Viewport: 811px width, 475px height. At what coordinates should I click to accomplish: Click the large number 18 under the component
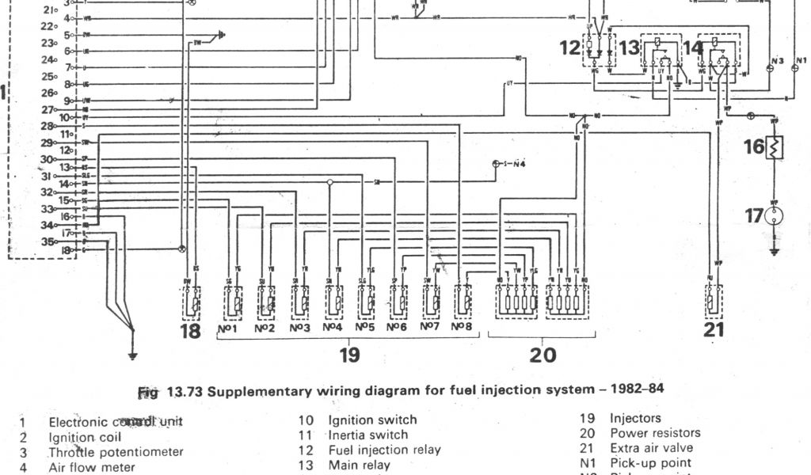pyautogui.click(x=190, y=331)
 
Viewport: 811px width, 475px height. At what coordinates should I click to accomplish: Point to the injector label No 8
pyautogui.click(x=463, y=327)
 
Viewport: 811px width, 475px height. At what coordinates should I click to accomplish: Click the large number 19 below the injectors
pyautogui.click(x=349, y=355)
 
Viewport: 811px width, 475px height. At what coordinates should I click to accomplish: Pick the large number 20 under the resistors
pyautogui.click(x=543, y=355)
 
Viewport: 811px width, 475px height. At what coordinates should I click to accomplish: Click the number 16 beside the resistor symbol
pyautogui.click(x=754, y=146)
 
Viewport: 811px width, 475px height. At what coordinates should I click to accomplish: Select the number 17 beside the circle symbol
pyautogui.click(x=754, y=215)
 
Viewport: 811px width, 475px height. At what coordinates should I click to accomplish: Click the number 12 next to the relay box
pyautogui.click(x=570, y=48)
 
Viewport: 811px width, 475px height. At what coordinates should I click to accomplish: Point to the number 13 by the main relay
pyautogui.click(x=628, y=48)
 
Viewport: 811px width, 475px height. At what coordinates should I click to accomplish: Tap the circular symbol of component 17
pyautogui.click(x=775, y=215)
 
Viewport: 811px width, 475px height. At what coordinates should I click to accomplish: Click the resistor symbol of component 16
pyautogui.click(x=775, y=146)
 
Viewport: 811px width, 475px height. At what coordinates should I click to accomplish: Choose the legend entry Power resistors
pyautogui.click(x=655, y=433)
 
